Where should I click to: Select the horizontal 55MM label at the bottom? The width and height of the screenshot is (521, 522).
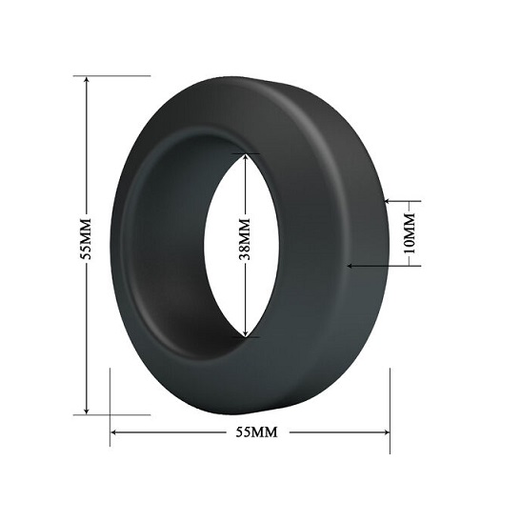(x=256, y=432)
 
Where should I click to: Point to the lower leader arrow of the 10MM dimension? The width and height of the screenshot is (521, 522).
(x=353, y=266)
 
